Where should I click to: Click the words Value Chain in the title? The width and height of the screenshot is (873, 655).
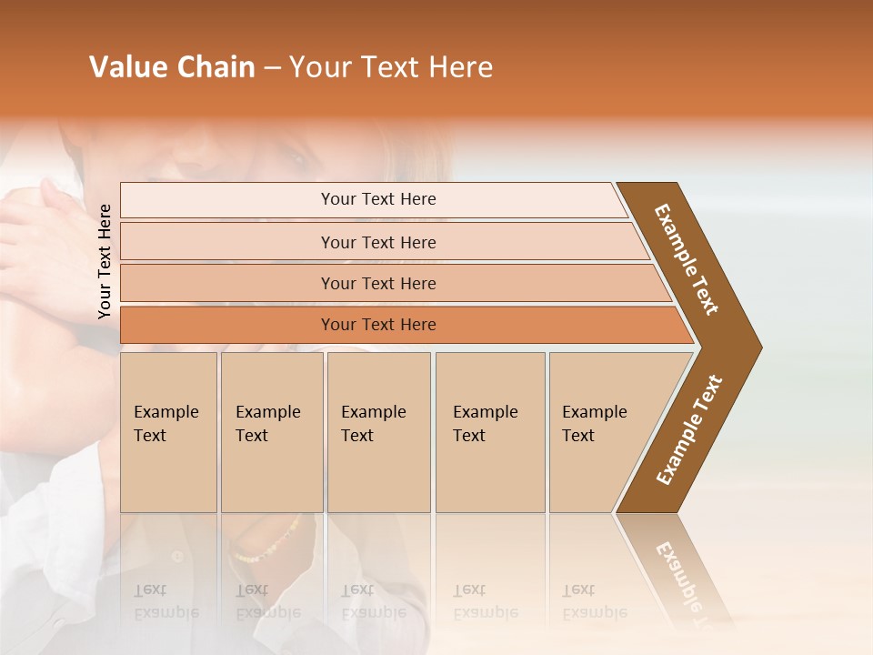click(172, 67)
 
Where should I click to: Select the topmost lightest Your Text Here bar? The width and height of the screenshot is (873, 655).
click(377, 199)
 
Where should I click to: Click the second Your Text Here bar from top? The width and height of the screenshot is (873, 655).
click(377, 242)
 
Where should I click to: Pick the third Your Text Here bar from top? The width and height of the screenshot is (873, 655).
click(377, 284)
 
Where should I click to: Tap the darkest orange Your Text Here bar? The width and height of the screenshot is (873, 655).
click(377, 325)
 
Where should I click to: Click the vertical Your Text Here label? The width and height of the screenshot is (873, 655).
click(105, 261)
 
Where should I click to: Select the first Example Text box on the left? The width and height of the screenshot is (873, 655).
click(168, 432)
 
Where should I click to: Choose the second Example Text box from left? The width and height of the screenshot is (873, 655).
click(271, 432)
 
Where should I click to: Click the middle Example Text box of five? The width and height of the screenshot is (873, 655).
click(378, 432)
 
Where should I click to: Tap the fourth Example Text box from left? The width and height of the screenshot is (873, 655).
click(489, 432)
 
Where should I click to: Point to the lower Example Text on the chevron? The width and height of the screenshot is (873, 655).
click(689, 429)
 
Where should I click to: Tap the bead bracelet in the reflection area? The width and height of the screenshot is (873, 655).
click(266, 540)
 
